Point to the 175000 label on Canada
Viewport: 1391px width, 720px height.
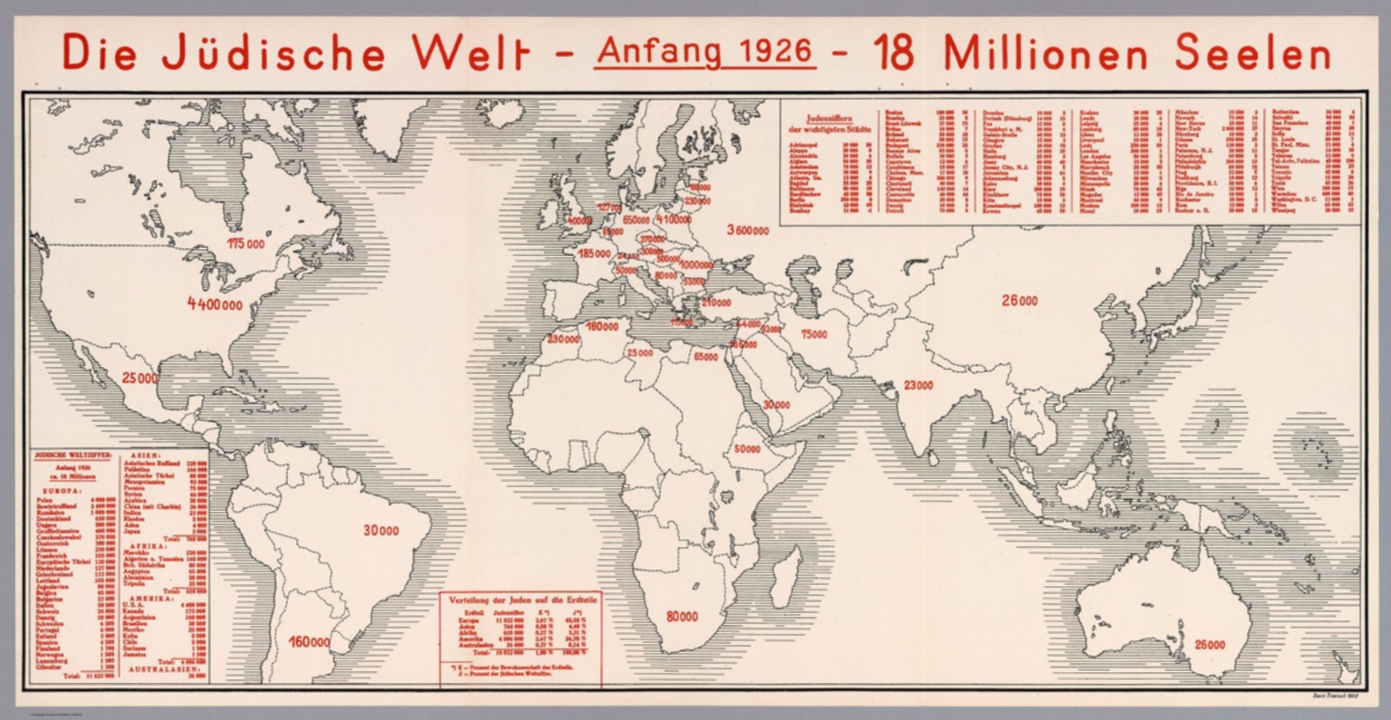[245, 244]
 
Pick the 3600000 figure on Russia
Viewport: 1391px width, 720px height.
[747, 230]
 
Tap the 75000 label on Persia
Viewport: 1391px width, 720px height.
[813, 334]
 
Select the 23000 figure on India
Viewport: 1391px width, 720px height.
[917, 385]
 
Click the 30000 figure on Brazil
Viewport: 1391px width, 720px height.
[380, 531]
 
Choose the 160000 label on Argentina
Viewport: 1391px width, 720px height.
[309, 642]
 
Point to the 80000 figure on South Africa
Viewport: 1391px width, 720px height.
[682, 617]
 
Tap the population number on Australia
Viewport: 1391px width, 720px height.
[1209, 645]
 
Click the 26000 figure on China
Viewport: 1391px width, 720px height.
[1020, 301]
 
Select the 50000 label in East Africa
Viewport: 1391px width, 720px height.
[747, 448]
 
